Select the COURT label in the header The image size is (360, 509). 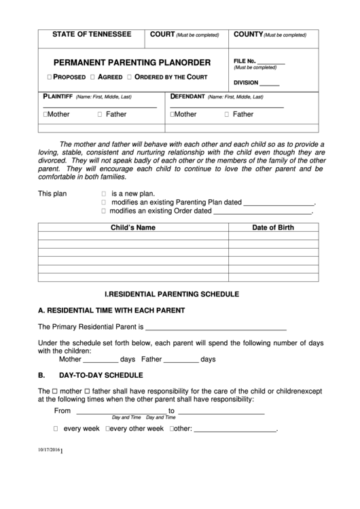(x=162, y=34)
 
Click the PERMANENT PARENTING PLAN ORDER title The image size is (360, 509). (x=132, y=62)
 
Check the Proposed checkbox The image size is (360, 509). (x=50, y=77)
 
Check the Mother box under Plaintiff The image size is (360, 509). (x=45, y=114)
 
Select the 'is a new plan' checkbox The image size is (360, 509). (x=104, y=193)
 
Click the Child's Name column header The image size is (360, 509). (x=133, y=228)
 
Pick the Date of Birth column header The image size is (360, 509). (x=273, y=228)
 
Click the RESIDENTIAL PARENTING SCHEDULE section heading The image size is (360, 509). (x=172, y=295)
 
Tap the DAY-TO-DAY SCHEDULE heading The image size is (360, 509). (x=101, y=374)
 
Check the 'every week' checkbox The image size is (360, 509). (x=56, y=429)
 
